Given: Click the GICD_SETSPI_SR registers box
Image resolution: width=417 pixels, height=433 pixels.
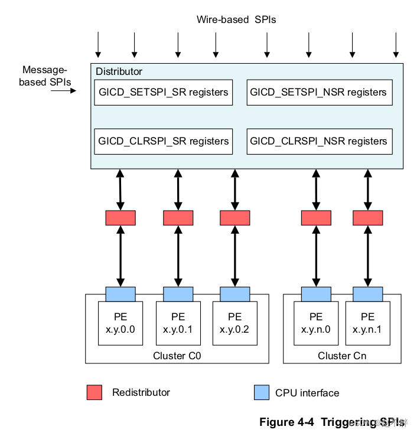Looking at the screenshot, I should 162,93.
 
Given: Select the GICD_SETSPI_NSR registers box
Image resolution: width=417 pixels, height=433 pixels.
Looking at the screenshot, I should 319,93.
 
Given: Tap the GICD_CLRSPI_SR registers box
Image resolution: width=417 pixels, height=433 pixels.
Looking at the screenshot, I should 162,142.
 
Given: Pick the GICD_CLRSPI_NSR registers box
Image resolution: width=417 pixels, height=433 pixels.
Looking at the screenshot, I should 319,142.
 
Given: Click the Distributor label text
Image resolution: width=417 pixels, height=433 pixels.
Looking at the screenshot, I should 119,71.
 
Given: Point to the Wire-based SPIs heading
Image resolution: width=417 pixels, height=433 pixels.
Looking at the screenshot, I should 236,19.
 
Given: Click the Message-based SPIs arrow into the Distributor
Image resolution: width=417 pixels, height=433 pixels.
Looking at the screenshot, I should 64,91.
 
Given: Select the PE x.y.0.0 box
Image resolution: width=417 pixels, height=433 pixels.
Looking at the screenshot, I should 120,323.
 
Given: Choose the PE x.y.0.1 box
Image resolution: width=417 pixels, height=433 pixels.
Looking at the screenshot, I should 178,323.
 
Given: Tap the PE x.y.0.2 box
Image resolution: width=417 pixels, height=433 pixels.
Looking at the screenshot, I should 234,323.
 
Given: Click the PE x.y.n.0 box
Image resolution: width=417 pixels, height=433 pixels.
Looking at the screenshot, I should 316,323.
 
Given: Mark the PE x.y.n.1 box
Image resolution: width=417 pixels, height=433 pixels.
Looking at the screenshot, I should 367,323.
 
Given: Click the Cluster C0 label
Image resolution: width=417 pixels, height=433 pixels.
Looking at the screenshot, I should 177,356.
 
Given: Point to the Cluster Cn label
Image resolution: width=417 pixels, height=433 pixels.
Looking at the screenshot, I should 342,356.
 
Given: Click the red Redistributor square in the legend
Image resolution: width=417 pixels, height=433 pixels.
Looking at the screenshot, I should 95,392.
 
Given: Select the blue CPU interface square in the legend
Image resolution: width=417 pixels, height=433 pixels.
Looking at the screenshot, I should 262,392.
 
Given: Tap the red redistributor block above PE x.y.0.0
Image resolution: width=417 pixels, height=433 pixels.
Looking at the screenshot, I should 120,218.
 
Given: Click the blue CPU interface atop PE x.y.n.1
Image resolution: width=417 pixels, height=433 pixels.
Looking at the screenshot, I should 367,293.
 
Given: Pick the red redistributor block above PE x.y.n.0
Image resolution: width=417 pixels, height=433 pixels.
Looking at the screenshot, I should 316,218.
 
